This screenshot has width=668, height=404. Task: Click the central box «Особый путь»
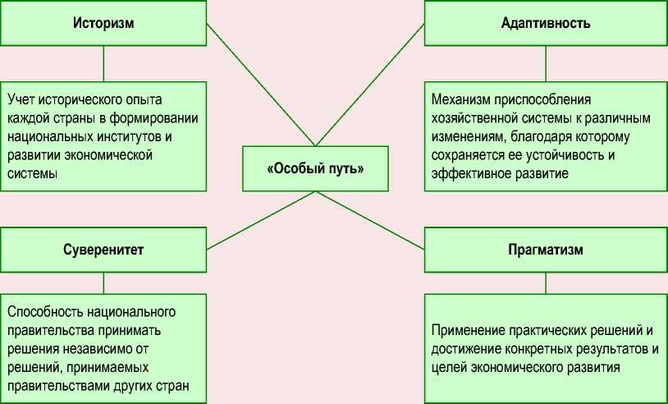click(315, 169)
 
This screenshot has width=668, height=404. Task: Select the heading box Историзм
click(103, 23)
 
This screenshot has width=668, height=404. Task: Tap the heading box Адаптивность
click(545, 23)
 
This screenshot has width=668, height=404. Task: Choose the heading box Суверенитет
click(103, 250)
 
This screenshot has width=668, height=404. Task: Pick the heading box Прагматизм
click(545, 250)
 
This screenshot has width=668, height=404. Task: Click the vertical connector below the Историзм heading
click(103, 63)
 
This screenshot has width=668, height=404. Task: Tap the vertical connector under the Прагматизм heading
click(546, 283)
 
